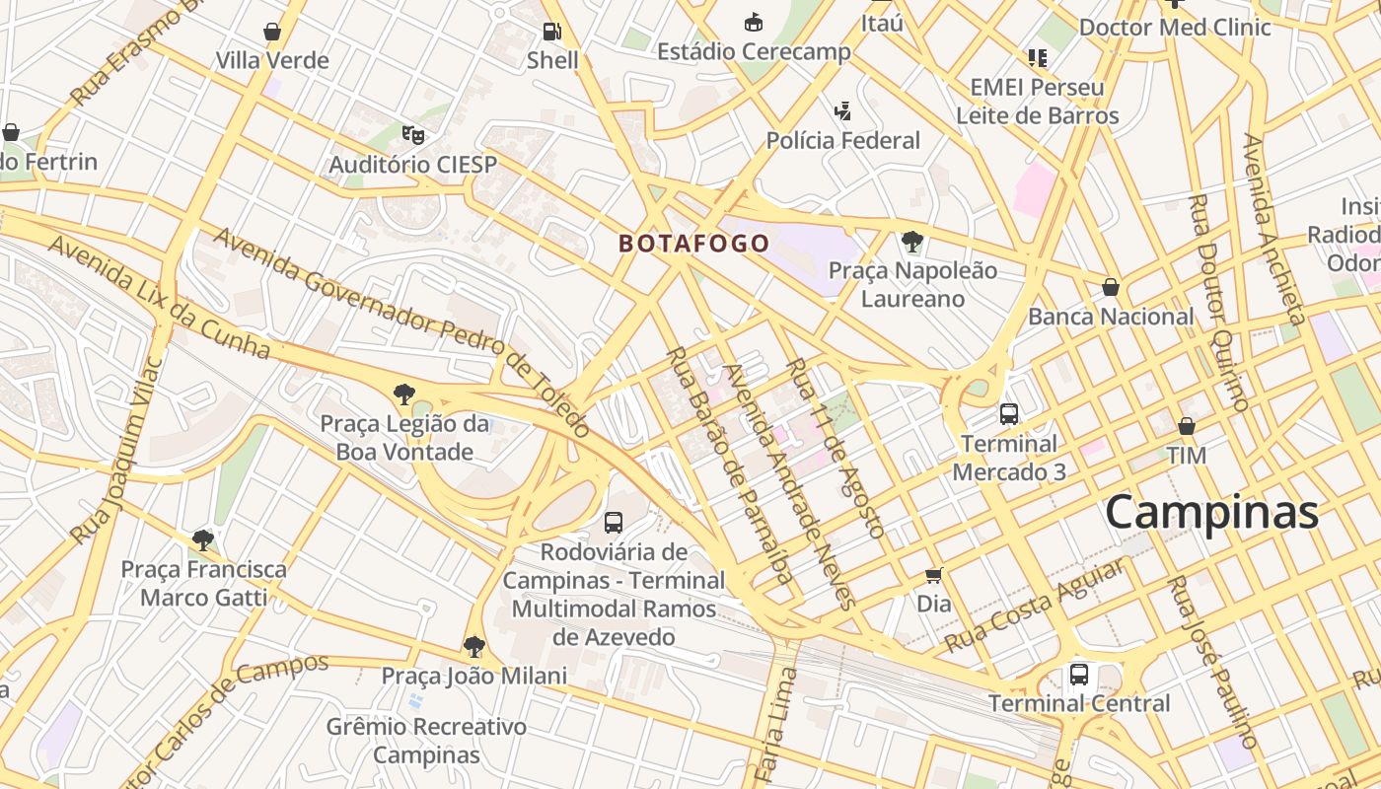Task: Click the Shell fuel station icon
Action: coord(552,31)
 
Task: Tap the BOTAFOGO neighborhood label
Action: coord(693,244)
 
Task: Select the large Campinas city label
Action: coord(1211,513)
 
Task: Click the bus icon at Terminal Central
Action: coord(1079,675)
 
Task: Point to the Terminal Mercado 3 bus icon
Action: coord(1008,414)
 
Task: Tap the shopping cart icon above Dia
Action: coord(933,575)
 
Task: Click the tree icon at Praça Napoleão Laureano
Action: coord(912,241)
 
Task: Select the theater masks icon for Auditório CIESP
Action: coord(412,134)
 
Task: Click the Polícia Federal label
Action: coord(842,141)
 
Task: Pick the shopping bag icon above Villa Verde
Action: coord(272,32)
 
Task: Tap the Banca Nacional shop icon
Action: coord(1111,287)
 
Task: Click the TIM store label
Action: coord(1186,456)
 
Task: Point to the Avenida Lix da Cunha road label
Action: coord(158,297)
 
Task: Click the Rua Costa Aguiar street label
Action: coord(1034,606)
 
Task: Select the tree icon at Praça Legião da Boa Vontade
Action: coord(403,394)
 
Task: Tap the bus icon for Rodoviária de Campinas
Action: coord(614,522)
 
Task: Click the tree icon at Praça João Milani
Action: coord(474,647)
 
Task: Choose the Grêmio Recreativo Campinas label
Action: coord(427,741)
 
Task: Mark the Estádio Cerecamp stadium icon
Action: coord(754,22)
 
